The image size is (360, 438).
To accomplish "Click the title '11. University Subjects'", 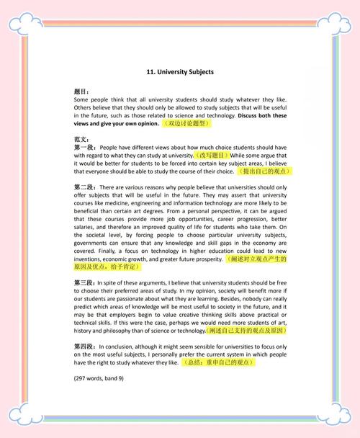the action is point(179,72).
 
